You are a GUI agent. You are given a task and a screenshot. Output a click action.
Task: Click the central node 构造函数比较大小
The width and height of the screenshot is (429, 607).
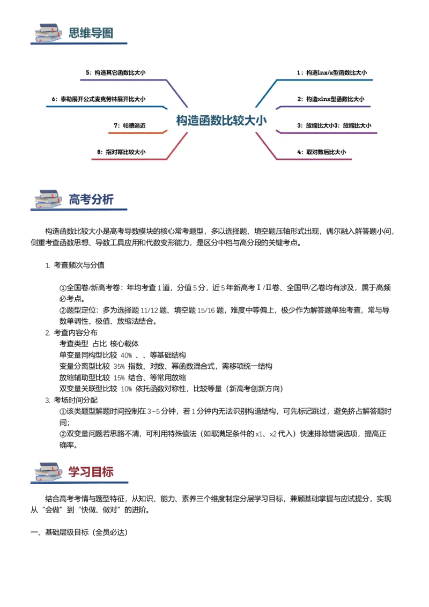[x=221, y=121]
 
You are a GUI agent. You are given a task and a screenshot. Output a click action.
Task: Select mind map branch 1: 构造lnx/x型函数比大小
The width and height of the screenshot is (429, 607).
[x=332, y=72]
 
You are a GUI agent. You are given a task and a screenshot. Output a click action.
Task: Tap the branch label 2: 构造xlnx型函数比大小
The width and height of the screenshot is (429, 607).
[x=331, y=99]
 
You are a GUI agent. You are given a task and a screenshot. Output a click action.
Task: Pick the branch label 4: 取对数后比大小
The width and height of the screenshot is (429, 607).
[x=322, y=152]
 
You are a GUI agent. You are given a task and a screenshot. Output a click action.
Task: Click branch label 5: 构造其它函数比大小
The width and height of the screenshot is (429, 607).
[x=116, y=72]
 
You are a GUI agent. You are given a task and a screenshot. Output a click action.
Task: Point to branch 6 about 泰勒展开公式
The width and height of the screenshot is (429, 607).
[x=99, y=99]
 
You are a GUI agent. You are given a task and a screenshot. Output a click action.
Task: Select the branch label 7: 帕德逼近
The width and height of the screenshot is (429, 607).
[x=130, y=125]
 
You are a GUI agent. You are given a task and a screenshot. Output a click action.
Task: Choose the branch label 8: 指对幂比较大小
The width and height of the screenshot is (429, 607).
[x=122, y=152]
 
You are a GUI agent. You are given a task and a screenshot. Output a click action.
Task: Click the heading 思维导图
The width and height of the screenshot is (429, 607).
[x=91, y=33]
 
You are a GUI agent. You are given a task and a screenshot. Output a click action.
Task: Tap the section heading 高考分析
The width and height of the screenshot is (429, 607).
[x=91, y=199]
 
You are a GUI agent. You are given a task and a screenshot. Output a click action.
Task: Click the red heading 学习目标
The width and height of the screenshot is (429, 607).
[x=91, y=472]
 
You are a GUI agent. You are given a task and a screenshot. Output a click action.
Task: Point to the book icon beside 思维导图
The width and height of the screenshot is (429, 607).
[x=48, y=33]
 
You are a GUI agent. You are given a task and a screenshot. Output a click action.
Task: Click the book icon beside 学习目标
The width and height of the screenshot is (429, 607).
[x=48, y=472]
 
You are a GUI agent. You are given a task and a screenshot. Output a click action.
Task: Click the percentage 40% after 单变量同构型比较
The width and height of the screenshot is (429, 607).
[x=126, y=356]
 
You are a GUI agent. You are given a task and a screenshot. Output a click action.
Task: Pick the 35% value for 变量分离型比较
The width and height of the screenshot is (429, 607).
[x=119, y=367]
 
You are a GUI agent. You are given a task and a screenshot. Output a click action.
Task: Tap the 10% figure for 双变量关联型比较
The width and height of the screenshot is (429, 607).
[x=126, y=389]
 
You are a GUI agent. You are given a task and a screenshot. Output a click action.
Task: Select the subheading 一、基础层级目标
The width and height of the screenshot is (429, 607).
[x=79, y=532]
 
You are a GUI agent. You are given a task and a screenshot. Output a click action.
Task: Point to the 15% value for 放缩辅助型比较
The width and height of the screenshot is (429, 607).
[x=119, y=378]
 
